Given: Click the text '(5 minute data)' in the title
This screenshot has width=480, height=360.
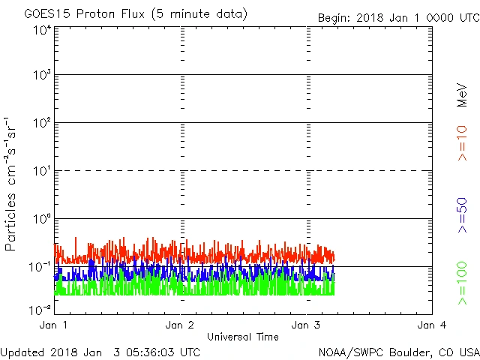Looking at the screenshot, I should [x=203, y=14].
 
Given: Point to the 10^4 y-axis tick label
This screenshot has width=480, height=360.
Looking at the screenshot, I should [x=41, y=31].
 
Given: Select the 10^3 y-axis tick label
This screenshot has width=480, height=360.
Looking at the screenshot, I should [x=41, y=75].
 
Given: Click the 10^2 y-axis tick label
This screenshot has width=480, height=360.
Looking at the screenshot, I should [x=41, y=123].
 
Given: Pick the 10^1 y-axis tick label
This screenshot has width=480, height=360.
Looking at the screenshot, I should [x=41, y=171].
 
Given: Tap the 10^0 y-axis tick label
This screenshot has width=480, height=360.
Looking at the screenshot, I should [x=41, y=219].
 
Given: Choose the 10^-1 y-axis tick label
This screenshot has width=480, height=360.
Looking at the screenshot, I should [x=40, y=267].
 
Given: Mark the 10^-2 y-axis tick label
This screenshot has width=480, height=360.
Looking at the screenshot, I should [x=40, y=308].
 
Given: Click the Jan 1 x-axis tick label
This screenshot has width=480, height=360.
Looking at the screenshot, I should [x=54, y=325].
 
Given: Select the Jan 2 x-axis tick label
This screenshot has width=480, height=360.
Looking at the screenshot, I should [x=180, y=325].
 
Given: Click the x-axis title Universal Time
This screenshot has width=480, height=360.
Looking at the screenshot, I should [x=242, y=337].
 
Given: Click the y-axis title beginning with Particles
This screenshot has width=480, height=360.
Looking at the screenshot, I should [x=12, y=184].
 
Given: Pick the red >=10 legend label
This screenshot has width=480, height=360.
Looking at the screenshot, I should [x=462, y=142].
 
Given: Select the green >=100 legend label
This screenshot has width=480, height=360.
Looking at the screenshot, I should [x=462, y=283].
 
